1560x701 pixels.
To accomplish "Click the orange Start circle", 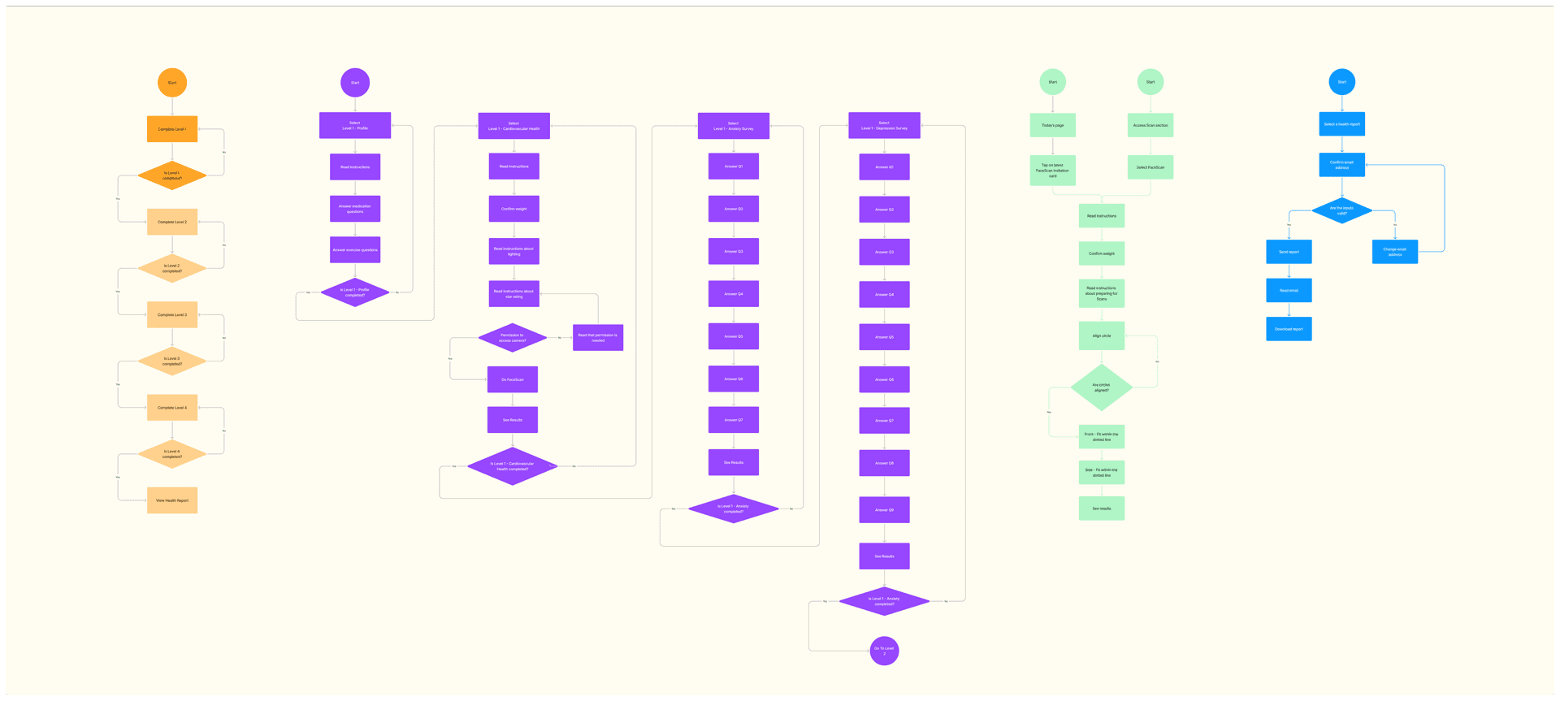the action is tap(172, 83).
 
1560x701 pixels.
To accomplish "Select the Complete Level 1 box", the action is tap(172, 129).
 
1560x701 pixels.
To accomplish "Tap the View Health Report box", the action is tap(172, 500).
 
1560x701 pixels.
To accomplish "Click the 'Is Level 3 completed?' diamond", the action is tap(172, 361).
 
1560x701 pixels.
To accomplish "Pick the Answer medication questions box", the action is tap(355, 209).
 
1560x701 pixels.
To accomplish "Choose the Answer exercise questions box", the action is tap(355, 250).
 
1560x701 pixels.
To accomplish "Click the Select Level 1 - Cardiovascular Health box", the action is tap(513, 126).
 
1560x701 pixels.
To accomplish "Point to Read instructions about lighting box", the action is tap(513, 251).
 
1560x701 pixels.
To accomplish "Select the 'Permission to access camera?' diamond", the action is tap(512, 338).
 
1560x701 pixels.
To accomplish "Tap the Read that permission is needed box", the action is tap(598, 338).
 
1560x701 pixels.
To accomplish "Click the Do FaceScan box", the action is tap(512, 379).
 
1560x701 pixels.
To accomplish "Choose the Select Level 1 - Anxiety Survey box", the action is tap(733, 126).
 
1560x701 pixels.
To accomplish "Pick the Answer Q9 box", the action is tap(884, 510).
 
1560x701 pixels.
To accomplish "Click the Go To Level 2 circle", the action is tap(884, 651).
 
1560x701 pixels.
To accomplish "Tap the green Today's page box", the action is tap(1052, 125).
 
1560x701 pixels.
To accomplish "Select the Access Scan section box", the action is tap(1150, 125).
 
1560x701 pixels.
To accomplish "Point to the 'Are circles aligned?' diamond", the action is tap(1101, 387).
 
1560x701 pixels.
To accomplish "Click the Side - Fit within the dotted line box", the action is tap(1101, 472).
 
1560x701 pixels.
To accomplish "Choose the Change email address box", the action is tap(1394, 252).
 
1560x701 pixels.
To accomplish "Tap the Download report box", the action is tap(1289, 329).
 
